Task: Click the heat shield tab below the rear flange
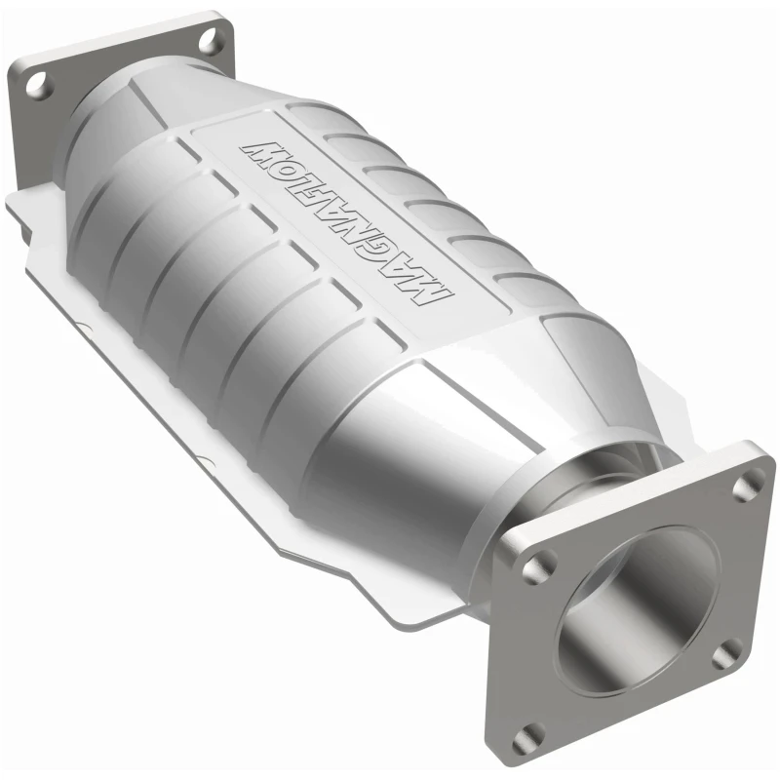point(29,210)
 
